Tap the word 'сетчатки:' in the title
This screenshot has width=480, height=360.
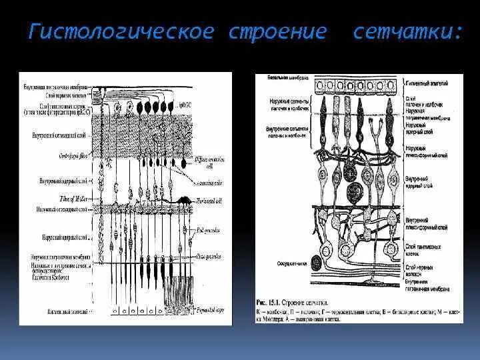407,33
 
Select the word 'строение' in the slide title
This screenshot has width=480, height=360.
278,33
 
